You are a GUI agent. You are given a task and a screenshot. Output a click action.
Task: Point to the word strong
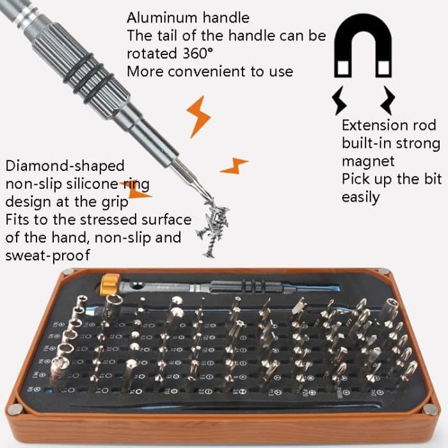point(416,143)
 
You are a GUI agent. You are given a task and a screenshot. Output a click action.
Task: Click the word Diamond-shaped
point(65,166)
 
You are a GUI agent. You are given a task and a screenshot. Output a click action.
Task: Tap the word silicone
point(89,184)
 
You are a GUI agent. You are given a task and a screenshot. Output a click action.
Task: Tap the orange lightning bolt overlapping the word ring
point(135,189)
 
